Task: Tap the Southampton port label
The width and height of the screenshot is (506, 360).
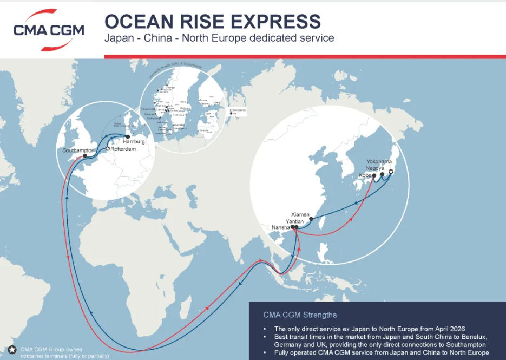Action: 78,150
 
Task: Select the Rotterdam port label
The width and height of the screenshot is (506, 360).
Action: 123,149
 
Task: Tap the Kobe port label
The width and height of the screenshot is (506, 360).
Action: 365,175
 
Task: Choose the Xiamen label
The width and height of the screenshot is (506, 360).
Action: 300,214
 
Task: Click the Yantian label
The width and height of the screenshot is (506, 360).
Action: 294,221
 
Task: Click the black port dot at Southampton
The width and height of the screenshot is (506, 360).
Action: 85,156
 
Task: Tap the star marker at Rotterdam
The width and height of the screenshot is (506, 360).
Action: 108,149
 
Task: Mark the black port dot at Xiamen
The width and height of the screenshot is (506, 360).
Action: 311,219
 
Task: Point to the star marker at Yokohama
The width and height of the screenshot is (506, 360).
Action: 391,172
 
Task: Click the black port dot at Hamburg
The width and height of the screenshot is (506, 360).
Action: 128,136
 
